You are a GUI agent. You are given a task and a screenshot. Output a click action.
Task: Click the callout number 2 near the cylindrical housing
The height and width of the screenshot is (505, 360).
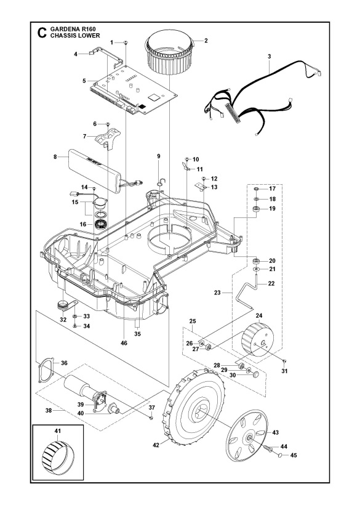click(206, 41)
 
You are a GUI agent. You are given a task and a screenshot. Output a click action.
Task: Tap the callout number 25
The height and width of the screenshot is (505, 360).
click(191, 321)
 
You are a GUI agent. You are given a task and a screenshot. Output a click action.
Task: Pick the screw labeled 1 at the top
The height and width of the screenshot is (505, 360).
click(125, 42)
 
